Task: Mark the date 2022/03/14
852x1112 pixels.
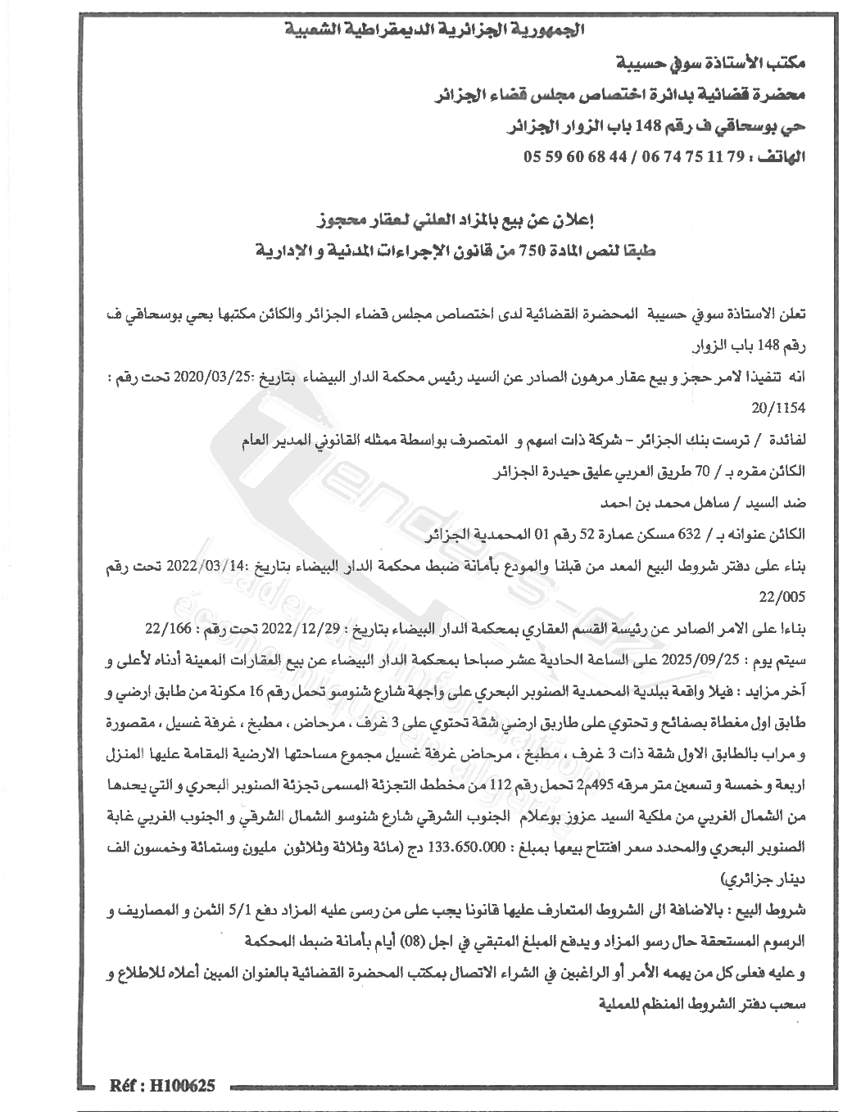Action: [213, 566]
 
